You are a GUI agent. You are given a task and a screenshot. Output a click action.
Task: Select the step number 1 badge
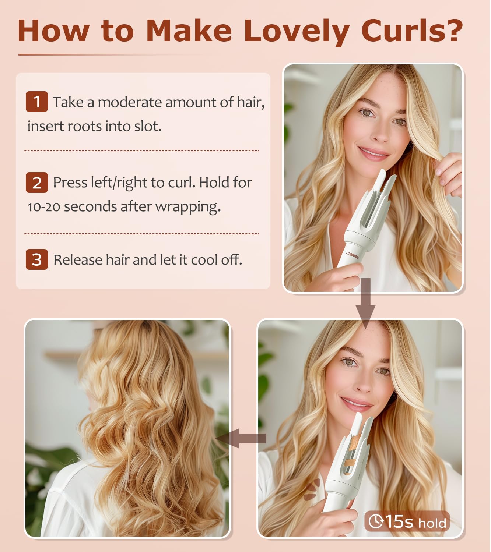point(37,102)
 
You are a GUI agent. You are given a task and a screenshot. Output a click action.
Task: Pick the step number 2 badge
point(37,182)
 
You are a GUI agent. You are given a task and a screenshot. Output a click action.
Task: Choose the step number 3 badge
point(37,259)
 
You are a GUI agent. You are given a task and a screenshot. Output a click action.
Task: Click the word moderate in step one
point(130,102)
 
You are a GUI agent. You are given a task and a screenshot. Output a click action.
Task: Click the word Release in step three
point(78,260)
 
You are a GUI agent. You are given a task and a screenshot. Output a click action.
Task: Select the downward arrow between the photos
point(365,303)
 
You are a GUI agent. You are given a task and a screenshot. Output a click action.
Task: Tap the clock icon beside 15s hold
point(376,521)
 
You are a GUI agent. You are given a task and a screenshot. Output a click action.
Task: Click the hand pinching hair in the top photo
point(449,174)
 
